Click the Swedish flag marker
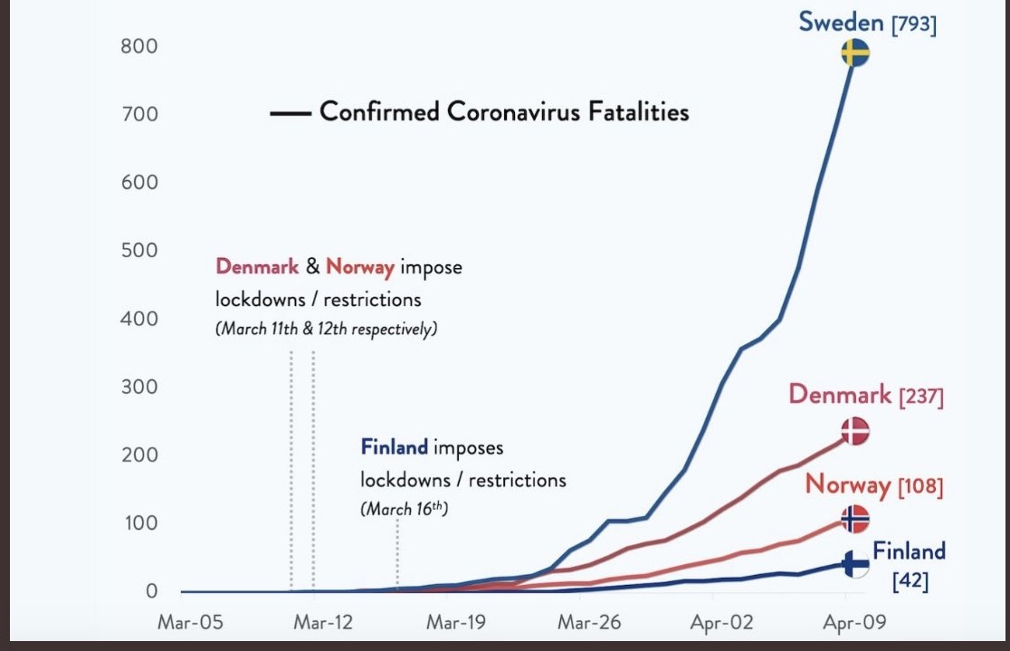(x=855, y=53)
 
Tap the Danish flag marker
(x=855, y=431)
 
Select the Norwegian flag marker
(x=855, y=519)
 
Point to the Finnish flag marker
(x=855, y=564)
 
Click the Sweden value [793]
(x=914, y=24)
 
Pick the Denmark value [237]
(x=921, y=397)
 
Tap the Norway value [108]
(x=920, y=486)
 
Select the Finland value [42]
(x=910, y=580)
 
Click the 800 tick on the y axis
(x=139, y=46)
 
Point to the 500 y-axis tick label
(x=139, y=250)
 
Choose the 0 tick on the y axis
(x=151, y=590)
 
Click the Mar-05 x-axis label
(x=190, y=622)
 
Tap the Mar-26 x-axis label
(x=589, y=622)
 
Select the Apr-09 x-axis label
(x=854, y=622)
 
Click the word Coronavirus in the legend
(x=504, y=111)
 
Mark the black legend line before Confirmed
(x=291, y=113)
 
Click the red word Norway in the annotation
(x=360, y=266)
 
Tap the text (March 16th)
(x=404, y=509)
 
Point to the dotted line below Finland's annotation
(x=397, y=554)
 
